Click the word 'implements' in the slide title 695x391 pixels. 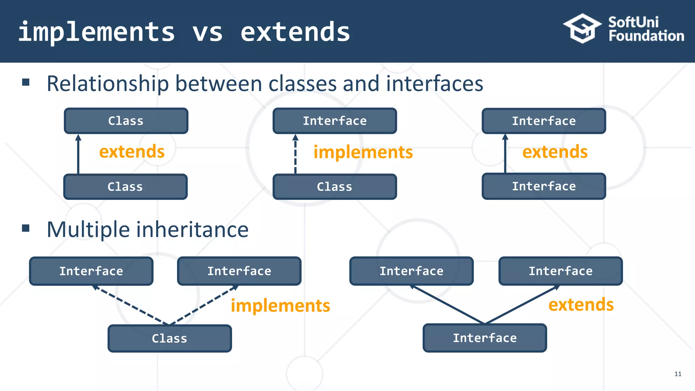tap(97, 32)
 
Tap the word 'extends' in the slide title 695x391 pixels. tap(295, 32)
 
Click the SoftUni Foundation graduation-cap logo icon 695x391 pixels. tap(582, 29)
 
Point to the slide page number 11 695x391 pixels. tap(678, 374)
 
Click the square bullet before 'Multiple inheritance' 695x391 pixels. tap(26, 228)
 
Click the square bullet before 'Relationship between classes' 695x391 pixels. tap(26, 82)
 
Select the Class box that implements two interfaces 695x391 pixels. tap(170, 338)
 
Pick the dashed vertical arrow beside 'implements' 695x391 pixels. tap(295, 154)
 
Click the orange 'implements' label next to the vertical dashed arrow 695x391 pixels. tap(363, 152)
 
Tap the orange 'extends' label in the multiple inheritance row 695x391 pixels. tap(581, 304)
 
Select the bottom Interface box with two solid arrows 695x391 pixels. tap(485, 338)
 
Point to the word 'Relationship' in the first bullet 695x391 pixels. tap(108, 84)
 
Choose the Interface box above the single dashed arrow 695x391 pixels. tap(335, 121)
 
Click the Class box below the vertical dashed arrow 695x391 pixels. tap(335, 187)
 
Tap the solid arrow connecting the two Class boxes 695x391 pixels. tap(78, 154)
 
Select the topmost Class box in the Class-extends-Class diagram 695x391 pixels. tap(126, 121)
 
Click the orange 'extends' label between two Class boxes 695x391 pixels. tap(132, 151)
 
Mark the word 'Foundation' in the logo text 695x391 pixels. tap(646, 36)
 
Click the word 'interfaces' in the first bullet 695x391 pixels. tap(434, 84)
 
